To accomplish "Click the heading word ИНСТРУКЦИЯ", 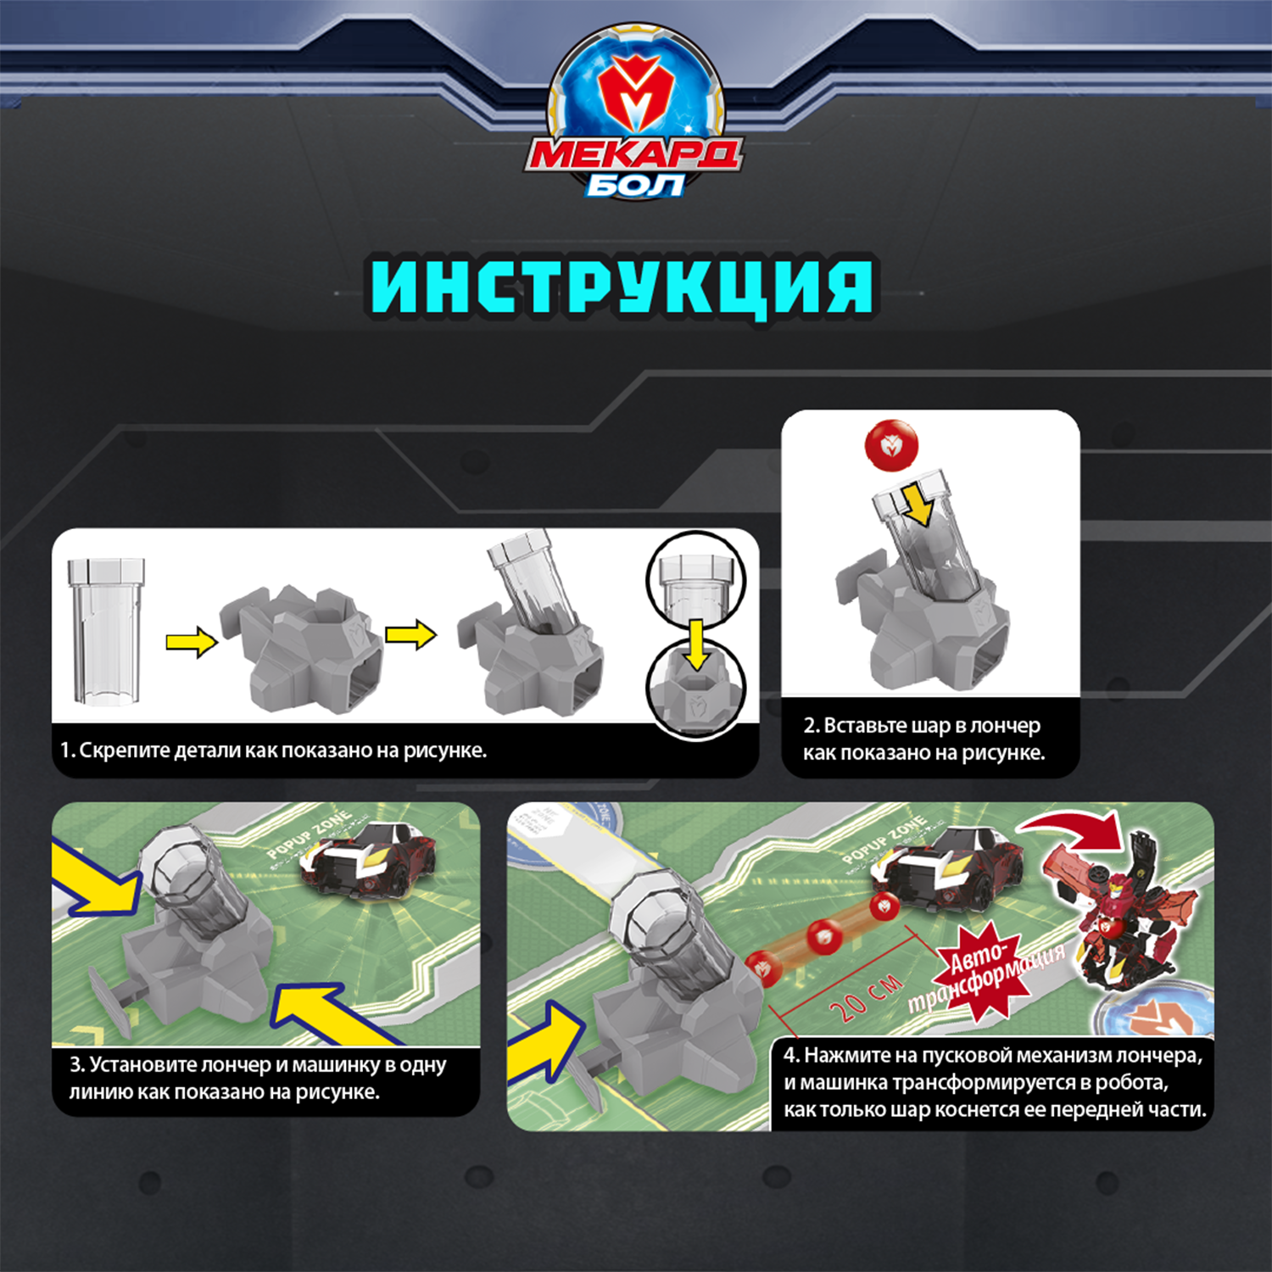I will point(622,287).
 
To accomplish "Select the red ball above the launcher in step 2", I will point(890,444).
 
